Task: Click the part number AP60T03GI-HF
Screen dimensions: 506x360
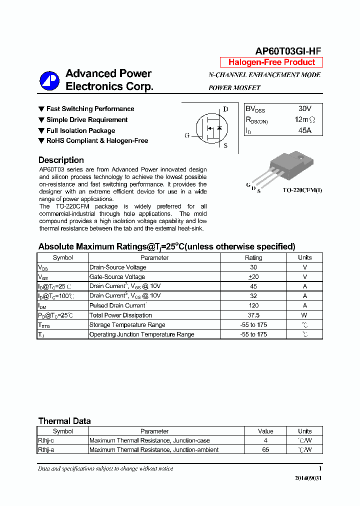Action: (x=288, y=51)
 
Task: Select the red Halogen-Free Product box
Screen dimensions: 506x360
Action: (x=271, y=62)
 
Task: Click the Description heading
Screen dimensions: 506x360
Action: (x=61, y=160)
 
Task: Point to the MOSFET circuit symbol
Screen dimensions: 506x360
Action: (x=210, y=128)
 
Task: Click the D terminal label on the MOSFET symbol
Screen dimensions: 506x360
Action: (x=225, y=109)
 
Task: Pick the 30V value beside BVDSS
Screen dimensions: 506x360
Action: (x=304, y=108)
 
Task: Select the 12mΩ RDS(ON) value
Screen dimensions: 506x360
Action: (x=304, y=119)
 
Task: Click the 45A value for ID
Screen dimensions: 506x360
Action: (x=304, y=130)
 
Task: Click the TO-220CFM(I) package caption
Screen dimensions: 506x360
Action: (x=302, y=190)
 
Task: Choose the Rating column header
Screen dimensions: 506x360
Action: (x=253, y=258)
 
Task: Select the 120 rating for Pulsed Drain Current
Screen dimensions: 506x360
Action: (x=253, y=305)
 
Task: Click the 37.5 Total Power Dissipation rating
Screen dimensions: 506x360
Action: (x=253, y=315)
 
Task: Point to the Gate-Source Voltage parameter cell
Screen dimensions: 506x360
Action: (x=117, y=277)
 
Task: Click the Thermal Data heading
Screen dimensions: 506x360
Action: (x=64, y=421)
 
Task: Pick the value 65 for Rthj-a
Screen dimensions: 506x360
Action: (x=265, y=450)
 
